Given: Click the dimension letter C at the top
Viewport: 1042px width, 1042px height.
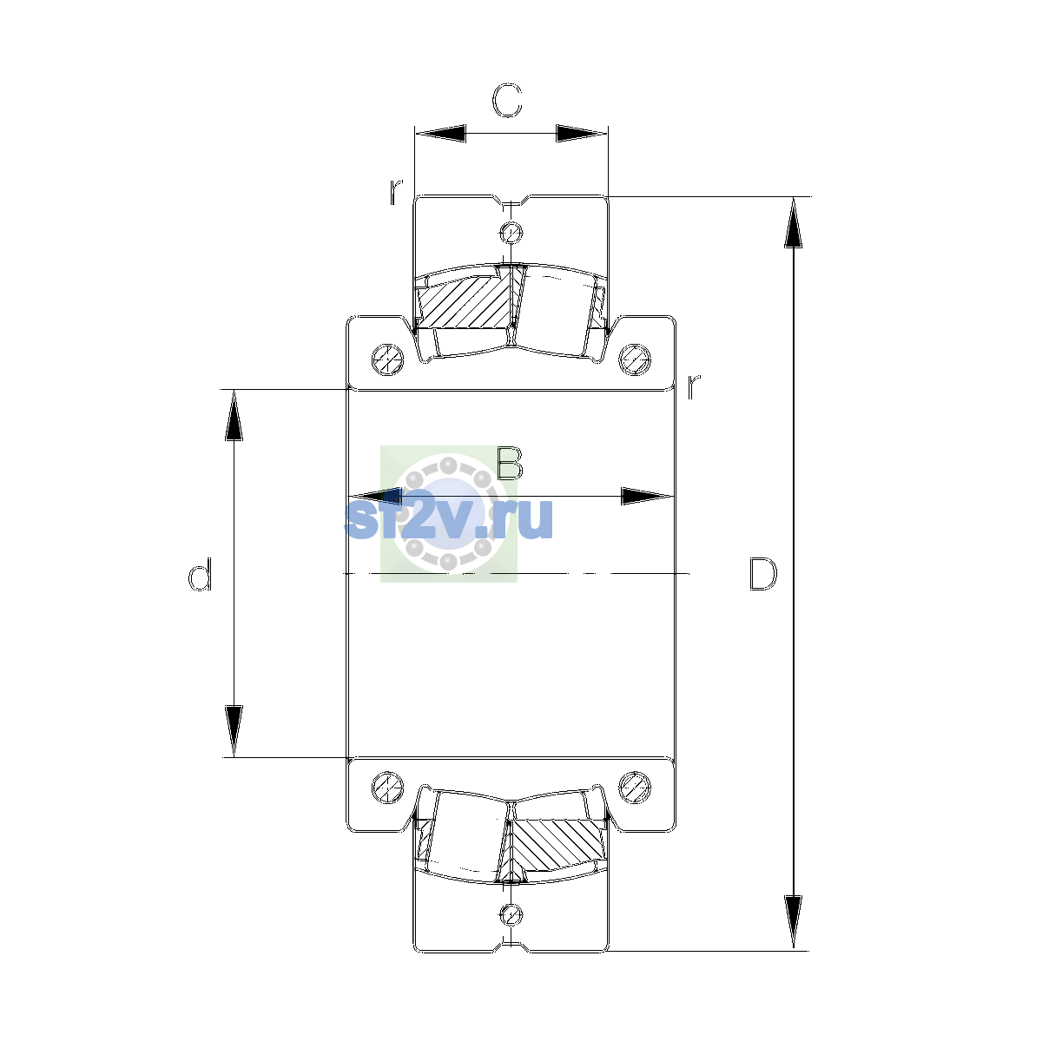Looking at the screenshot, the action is pos(506,101).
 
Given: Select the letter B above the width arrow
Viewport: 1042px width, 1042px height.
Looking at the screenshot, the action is pos(510,464).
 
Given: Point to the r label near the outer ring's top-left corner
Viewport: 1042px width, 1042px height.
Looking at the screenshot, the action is pos(396,191).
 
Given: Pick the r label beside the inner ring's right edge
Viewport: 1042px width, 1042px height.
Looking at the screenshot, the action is pos(693,386).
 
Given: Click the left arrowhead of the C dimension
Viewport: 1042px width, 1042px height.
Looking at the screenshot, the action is pos(440,133).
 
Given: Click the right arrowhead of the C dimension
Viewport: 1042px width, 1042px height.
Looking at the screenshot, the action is pos(582,133).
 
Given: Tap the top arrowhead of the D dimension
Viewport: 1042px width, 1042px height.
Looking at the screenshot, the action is pos(794,222).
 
